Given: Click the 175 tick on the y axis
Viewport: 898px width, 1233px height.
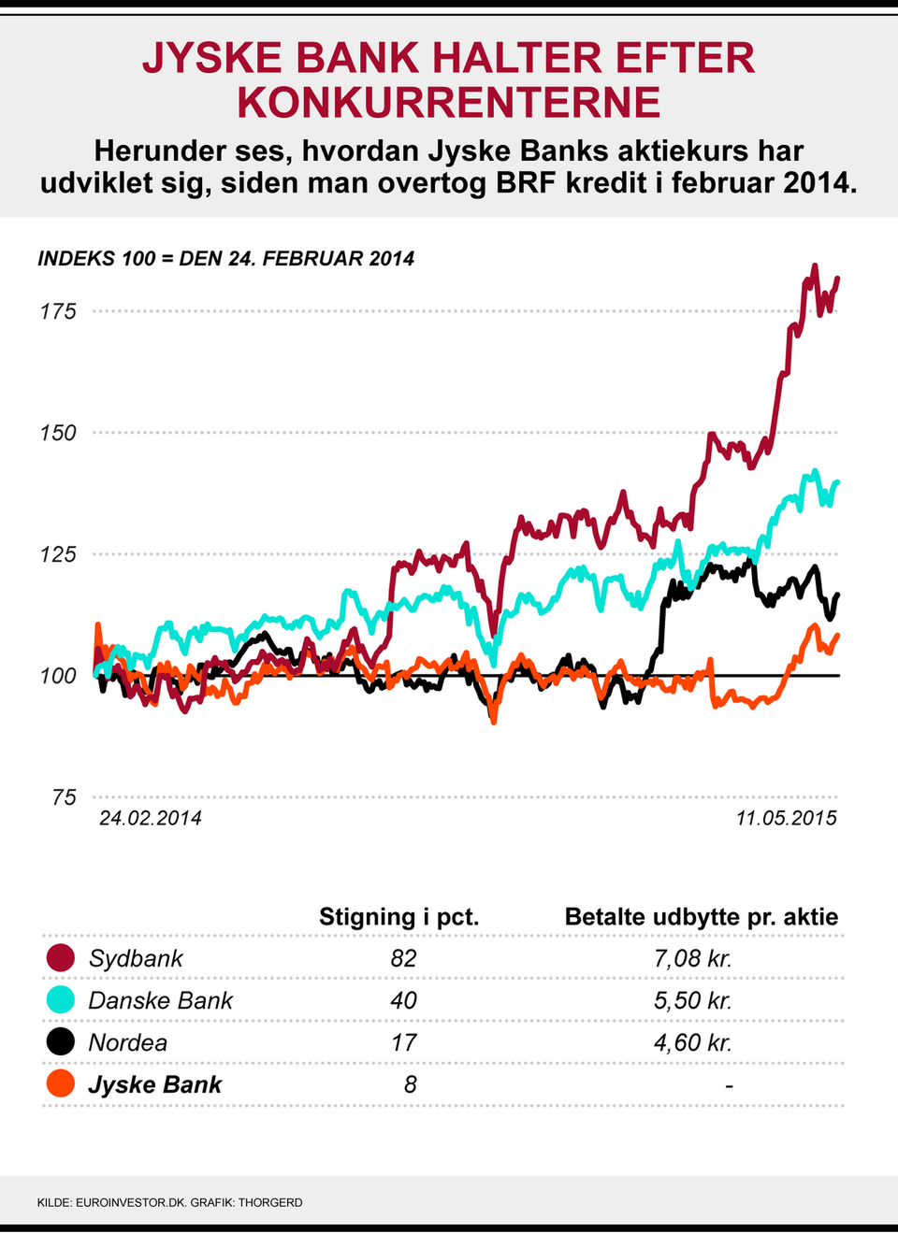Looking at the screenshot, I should tap(57, 311).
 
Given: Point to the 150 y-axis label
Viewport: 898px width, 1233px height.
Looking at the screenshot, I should tap(57, 433).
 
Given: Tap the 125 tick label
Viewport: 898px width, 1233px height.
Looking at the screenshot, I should tap(57, 554).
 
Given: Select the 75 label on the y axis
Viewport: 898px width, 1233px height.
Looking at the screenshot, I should tap(64, 797).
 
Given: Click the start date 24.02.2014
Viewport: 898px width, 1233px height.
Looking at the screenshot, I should tap(150, 818).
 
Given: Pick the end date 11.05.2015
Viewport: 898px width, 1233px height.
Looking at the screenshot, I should tap(786, 818).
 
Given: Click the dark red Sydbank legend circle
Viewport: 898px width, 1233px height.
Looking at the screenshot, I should tap(60, 958).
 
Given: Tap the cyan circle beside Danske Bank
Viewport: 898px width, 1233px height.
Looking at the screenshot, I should tap(60, 1000).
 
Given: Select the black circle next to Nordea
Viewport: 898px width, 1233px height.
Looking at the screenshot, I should tap(60, 1042).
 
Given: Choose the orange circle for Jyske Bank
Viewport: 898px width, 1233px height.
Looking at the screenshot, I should tap(60, 1084).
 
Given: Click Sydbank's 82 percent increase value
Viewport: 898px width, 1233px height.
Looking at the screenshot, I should tap(403, 958).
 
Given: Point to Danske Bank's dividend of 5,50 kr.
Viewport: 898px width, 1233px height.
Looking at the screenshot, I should tap(692, 1000).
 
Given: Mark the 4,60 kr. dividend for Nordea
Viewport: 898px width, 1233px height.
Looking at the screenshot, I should tap(692, 1042).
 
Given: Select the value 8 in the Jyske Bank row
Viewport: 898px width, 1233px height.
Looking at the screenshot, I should tap(410, 1084).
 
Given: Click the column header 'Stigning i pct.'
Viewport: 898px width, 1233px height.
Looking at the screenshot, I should tap(398, 917).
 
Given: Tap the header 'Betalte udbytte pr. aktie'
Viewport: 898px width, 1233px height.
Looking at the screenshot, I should tap(701, 917).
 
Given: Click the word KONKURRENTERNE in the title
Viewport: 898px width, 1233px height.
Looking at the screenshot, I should tap(449, 103).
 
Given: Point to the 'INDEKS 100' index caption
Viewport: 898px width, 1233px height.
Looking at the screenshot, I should tap(225, 259).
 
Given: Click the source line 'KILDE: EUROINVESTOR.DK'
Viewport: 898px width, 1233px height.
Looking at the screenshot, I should tap(112, 1202).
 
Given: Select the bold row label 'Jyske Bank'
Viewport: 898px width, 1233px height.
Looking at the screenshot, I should tap(154, 1084).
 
